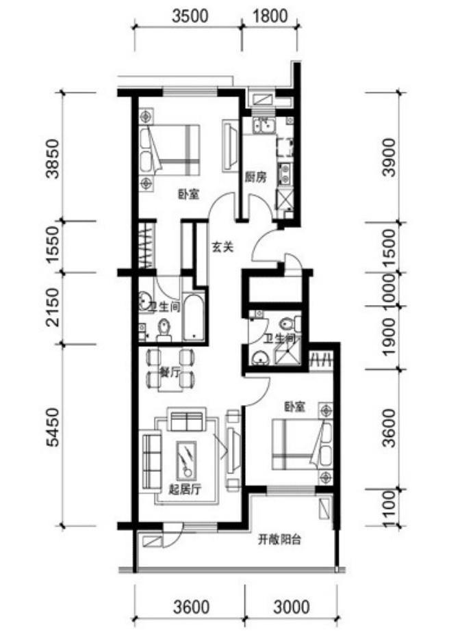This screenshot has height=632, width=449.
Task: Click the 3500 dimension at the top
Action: (x=190, y=16)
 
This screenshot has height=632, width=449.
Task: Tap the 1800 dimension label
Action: (x=270, y=16)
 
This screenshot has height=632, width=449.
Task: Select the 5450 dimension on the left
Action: (x=53, y=427)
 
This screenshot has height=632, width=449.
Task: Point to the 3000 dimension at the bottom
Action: (x=292, y=607)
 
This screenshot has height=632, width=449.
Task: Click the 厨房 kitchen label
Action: (x=256, y=177)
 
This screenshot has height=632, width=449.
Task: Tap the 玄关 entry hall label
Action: (x=222, y=247)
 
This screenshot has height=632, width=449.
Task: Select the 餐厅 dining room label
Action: (x=170, y=372)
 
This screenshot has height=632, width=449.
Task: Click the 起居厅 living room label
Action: (x=185, y=490)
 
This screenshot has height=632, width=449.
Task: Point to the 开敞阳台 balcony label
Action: (x=279, y=539)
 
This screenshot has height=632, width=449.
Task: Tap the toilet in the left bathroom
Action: (x=164, y=330)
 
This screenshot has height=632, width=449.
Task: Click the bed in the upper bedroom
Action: (x=170, y=150)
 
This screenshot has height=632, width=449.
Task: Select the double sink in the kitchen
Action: (x=264, y=125)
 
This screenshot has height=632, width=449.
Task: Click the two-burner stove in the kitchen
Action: (x=285, y=173)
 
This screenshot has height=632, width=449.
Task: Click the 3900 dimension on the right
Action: (x=389, y=157)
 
